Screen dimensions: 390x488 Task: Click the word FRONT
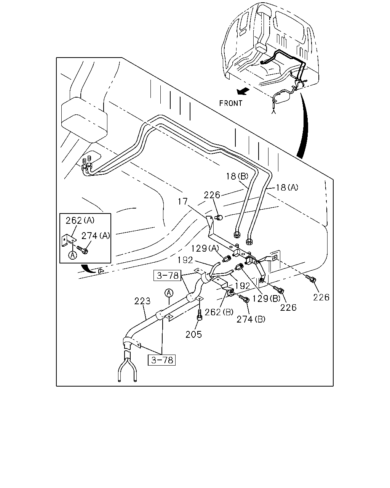click(230, 103)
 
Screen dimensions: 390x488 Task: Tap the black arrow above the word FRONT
click(243, 91)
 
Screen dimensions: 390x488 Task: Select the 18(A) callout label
click(287, 188)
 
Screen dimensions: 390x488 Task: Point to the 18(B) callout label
click(237, 176)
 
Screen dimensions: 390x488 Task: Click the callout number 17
click(183, 201)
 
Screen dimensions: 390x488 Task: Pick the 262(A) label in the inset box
click(80, 220)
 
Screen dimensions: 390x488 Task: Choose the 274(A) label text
click(96, 236)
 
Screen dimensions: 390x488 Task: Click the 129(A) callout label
click(205, 249)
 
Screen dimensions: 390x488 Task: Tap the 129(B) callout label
click(266, 299)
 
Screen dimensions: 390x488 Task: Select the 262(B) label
click(219, 312)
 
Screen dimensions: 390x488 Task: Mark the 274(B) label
click(251, 319)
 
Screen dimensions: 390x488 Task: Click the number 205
click(193, 334)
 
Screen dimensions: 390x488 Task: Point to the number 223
click(142, 301)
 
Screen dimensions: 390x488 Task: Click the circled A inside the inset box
click(72, 255)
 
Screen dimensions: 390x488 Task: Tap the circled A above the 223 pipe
click(169, 293)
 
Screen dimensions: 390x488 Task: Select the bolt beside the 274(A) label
click(83, 250)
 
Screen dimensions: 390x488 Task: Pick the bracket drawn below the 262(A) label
click(68, 240)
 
